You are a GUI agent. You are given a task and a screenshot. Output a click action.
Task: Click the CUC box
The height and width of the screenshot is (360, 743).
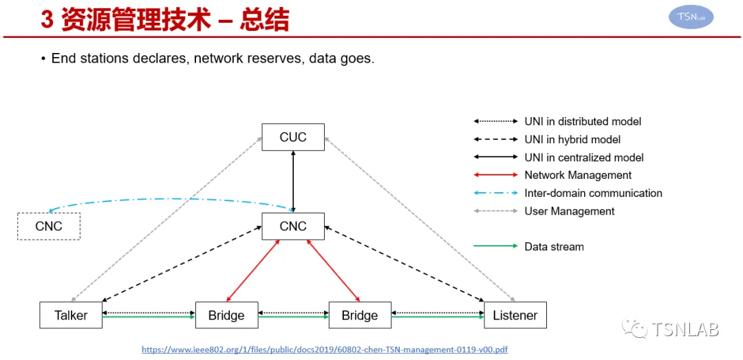tap(293, 137)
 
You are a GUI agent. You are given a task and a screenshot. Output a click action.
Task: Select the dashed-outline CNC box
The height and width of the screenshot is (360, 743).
tap(49, 226)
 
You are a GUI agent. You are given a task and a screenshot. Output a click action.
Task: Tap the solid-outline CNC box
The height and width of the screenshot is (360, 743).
tap(293, 226)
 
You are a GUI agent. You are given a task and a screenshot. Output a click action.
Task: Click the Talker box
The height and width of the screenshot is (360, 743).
tap(71, 315)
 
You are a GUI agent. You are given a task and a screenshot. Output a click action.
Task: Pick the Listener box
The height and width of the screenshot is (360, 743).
tap(515, 315)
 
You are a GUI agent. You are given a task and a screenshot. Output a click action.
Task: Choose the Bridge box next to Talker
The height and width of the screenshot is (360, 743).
tap(227, 315)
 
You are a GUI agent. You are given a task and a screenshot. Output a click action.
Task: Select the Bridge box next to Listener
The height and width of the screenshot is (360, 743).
tap(360, 315)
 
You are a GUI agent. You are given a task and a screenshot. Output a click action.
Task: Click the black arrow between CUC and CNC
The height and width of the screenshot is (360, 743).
tap(293, 182)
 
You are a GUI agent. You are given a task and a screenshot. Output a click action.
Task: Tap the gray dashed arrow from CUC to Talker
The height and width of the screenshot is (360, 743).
tap(166, 219)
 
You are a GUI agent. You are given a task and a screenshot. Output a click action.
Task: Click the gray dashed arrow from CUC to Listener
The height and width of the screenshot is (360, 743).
tap(420, 219)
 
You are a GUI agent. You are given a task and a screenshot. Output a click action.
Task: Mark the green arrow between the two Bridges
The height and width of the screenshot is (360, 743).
tap(293, 317)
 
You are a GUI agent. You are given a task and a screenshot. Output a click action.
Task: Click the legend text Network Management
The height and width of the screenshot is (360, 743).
tap(578, 175)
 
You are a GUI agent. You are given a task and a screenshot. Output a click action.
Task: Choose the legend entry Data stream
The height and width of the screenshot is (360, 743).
tap(554, 246)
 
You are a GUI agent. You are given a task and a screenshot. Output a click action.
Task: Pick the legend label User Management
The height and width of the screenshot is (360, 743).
tap(569, 211)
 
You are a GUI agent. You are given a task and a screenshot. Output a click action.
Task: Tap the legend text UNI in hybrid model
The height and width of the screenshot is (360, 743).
tap(572, 140)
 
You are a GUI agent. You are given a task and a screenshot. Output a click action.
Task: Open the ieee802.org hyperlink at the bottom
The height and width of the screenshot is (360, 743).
tap(325, 350)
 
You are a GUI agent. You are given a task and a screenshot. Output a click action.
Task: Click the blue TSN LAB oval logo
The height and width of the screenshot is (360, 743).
tap(691, 17)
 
